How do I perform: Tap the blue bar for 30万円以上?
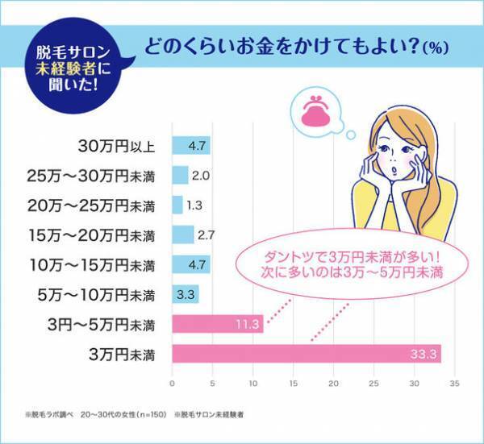coord(191,147)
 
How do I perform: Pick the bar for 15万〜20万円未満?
coord(182,235)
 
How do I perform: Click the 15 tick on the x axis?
coord(293,383)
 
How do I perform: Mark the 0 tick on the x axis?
coord(172,383)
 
